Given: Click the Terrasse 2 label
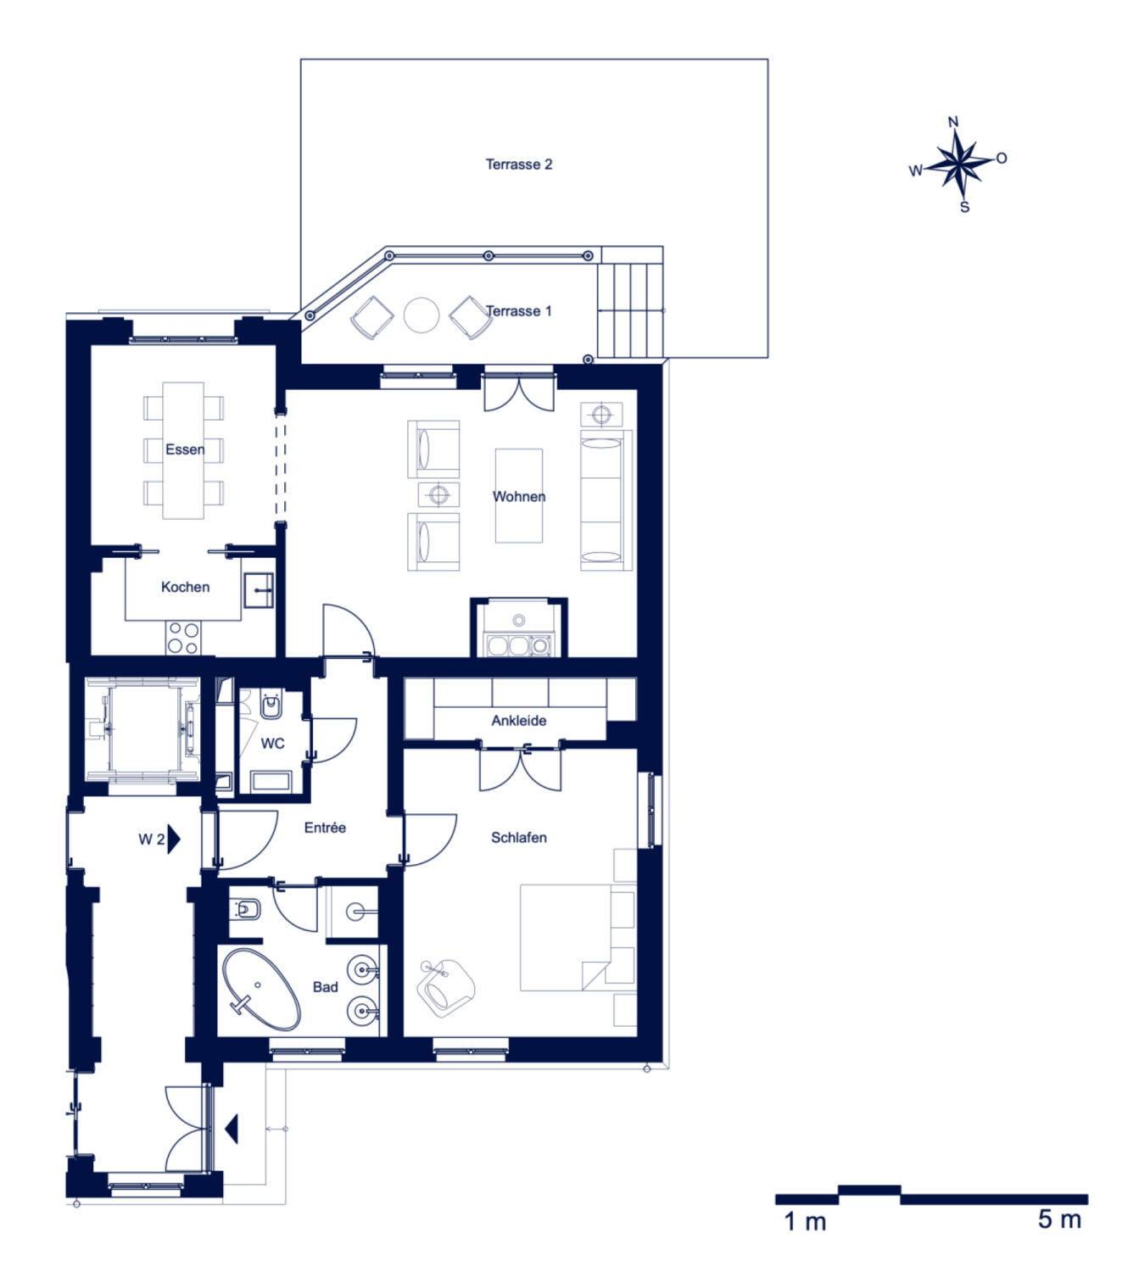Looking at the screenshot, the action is coord(519,165).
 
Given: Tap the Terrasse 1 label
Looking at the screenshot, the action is coord(519,310).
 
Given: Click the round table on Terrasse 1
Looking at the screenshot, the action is coord(422,315).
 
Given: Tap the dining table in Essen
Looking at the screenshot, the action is coord(182,450).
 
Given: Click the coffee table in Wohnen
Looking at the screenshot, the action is coord(519,495).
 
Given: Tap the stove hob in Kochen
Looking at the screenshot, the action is coord(183,638).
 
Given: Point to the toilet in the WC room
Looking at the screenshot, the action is coord(271,706).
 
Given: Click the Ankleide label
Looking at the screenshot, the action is coord(519,720).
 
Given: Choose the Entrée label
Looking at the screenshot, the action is coord(325,828).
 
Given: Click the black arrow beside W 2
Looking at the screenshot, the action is coord(174,839).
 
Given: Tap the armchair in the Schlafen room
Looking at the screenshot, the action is coord(445,988).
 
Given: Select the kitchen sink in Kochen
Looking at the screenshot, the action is coord(259,590).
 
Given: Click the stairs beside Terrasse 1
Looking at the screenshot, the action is coord(630,310).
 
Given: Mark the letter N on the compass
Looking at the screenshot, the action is coord(953,122).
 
